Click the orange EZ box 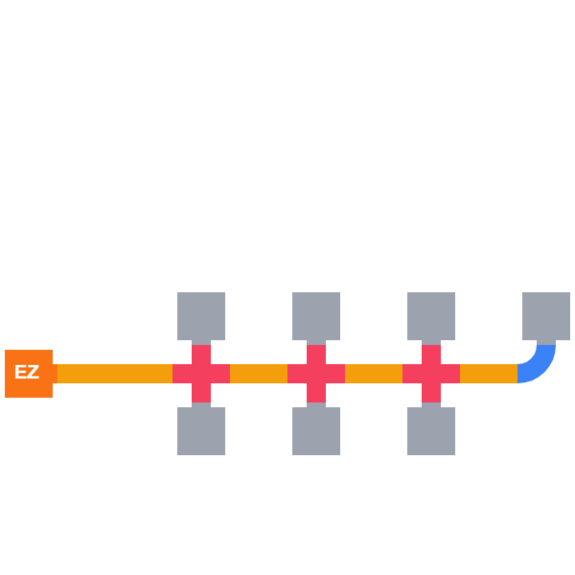[29, 374]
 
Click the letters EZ [27, 373]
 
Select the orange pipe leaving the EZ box [113, 374]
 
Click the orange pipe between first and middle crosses [259, 374]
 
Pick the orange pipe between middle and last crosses [374, 374]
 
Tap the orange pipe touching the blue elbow [489, 374]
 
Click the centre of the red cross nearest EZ [201, 374]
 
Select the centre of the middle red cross [316, 374]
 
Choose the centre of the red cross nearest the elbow [431, 374]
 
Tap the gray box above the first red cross [201, 316]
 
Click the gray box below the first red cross [201, 431]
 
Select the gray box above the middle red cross [316, 316]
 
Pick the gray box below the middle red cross [316, 431]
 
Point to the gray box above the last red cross [431, 316]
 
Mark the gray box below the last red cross [431, 431]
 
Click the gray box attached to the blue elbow [546, 316]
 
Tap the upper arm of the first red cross [201, 353]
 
